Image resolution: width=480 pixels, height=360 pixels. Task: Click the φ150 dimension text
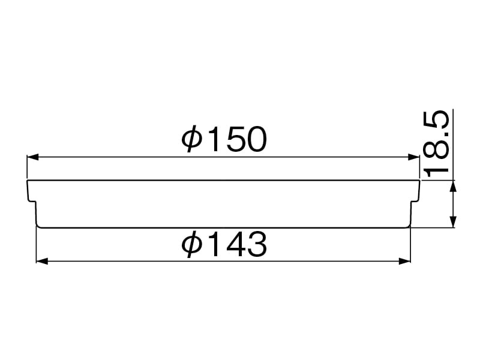tap(223, 140)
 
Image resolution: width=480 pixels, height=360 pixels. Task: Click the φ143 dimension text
tap(223, 245)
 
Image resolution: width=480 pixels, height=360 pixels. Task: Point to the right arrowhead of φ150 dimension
tap(414, 157)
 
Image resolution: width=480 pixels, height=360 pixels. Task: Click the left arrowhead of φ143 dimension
tap(42, 261)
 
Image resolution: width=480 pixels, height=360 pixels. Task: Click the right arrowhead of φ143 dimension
tap(406, 261)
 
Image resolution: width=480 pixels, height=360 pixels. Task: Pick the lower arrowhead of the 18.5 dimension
tap(454, 222)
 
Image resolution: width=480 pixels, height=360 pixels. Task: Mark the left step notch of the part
tap(34, 202)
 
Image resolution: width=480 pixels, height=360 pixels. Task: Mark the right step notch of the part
tap(414, 202)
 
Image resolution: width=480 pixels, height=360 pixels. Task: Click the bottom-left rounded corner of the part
tap(38, 226)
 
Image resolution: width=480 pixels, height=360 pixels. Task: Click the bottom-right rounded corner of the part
tap(409, 226)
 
